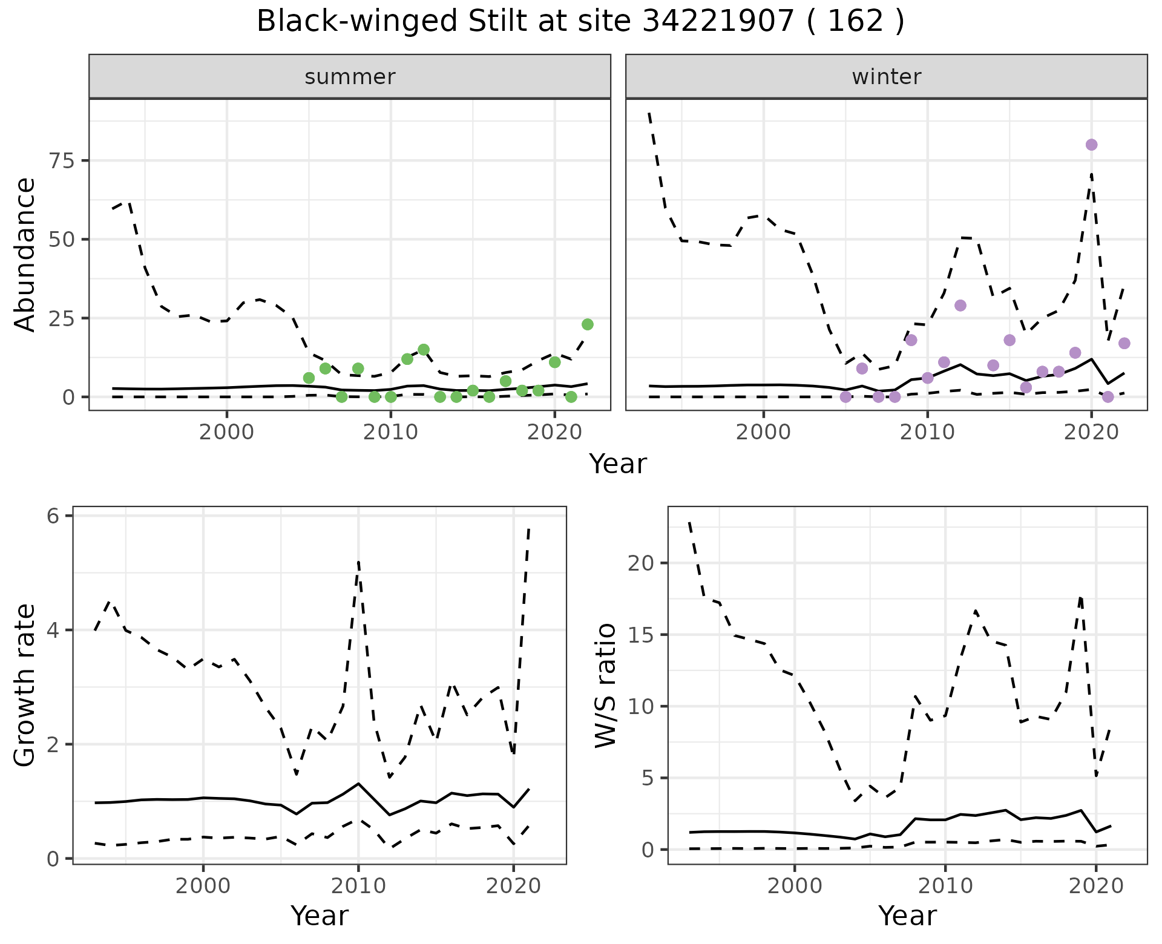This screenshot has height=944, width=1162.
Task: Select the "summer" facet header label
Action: pyautogui.click(x=350, y=77)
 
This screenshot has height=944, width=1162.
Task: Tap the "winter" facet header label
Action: pyautogui.click(x=886, y=77)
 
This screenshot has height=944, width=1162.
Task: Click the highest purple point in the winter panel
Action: pyautogui.click(x=1091, y=145)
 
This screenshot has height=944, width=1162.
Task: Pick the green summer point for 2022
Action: pyautogui.click(x=587, y=324)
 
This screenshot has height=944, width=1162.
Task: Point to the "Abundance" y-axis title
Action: pyautogui.click(x=25, y=254)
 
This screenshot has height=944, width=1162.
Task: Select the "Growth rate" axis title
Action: pyautogui.click(x=25, y=686)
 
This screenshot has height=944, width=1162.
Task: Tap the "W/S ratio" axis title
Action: pyautogui.click(x=606, y=686)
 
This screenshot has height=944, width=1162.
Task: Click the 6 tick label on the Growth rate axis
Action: pyautogui.click(x=53, y=516)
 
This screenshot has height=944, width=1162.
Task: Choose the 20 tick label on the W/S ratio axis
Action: pyautogui.click(x=642, y=563)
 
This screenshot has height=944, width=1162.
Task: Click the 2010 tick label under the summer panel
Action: pyautogui.click(x=390, y=433)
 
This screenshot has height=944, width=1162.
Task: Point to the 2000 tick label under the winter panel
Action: pyautogui.click(x=763, y=433)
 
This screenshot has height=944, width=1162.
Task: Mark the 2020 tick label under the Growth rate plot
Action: pyautogui.click(x=513, y=887)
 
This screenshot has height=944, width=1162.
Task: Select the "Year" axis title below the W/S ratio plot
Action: pyautogui.click(x=907, y=916)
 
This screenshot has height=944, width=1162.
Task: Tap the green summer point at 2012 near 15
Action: pyautogui.click(x=423, y=350)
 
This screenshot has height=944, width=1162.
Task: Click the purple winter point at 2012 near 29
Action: pyautogui.click(x=960, y=306)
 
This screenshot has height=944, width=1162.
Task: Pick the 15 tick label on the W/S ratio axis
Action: pyautogui.click(x=642, y=635)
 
